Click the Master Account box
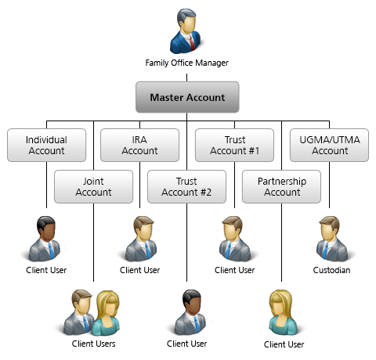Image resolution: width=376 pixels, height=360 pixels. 187,97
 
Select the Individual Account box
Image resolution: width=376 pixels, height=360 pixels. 46,145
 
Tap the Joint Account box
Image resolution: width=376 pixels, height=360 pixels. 93,186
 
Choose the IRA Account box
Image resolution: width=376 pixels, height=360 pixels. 139,145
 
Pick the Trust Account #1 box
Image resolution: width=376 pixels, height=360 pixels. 234,145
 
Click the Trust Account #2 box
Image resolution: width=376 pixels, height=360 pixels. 186,186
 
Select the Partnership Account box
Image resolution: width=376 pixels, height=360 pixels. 281,186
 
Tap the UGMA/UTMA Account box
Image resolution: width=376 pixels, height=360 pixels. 329,145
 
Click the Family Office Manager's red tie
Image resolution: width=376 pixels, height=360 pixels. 192,42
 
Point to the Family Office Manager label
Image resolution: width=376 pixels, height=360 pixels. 186,63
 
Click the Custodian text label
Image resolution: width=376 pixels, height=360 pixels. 331,270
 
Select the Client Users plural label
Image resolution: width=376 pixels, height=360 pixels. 93,344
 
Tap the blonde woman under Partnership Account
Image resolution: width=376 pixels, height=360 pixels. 283,312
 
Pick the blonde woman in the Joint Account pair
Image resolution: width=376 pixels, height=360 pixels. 107,313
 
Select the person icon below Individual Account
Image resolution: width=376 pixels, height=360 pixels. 45,239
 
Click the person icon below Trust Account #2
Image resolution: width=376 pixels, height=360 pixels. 190,312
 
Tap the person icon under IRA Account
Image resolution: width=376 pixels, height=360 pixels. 141,239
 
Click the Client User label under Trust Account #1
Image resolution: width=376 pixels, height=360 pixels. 234,270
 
